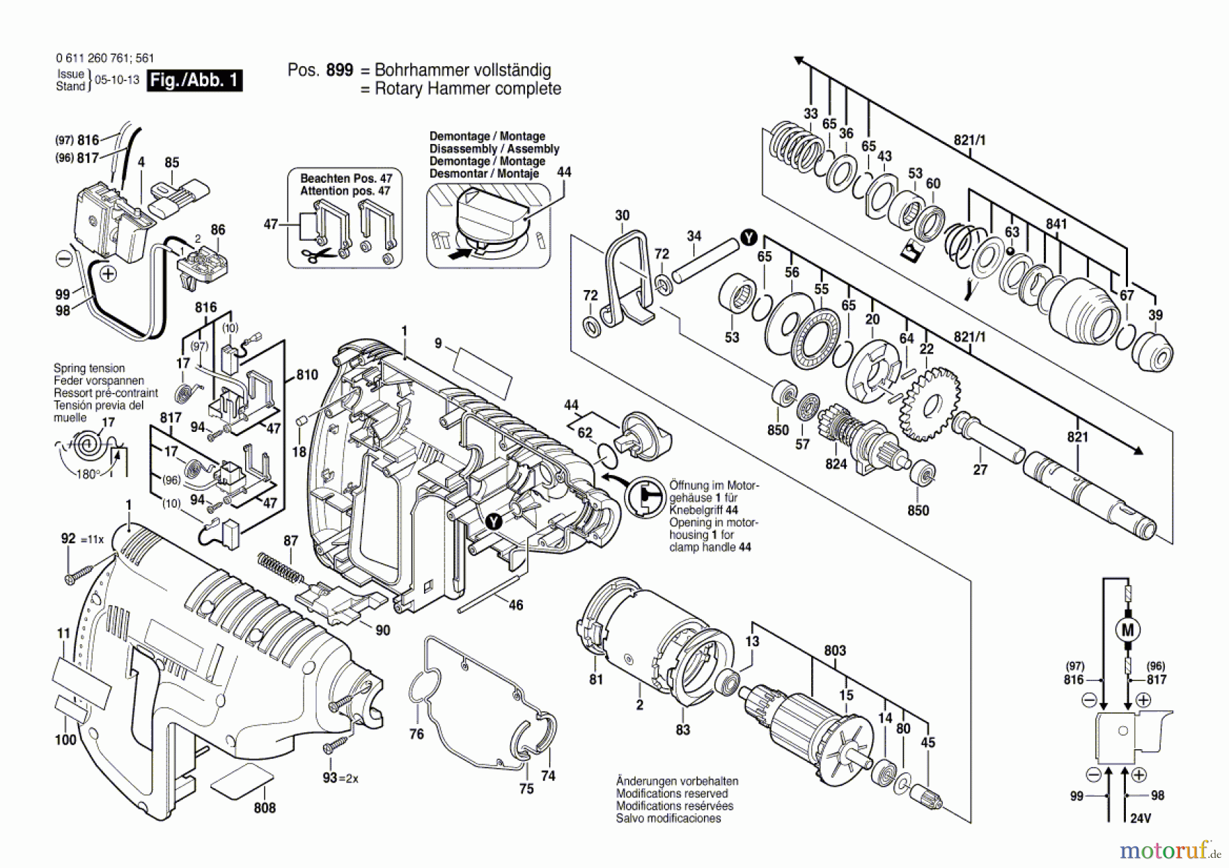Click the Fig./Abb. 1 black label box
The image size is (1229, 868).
[195, 80]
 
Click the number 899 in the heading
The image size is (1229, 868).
[339, 70]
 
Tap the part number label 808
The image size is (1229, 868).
[264, 808]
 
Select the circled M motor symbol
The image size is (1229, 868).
[1127, 630]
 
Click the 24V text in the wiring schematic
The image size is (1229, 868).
[1140, 818]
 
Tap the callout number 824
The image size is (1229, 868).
[836, 464]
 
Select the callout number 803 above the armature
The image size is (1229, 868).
[834, 650]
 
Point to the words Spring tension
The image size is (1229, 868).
[89, 368]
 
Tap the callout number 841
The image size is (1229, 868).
[1056, 224]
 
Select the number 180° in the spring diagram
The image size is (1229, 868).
[87, 475]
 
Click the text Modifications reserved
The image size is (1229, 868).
[672, 794]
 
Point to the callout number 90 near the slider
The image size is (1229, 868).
[382, 630]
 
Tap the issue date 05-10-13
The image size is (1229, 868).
[117, 80]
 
